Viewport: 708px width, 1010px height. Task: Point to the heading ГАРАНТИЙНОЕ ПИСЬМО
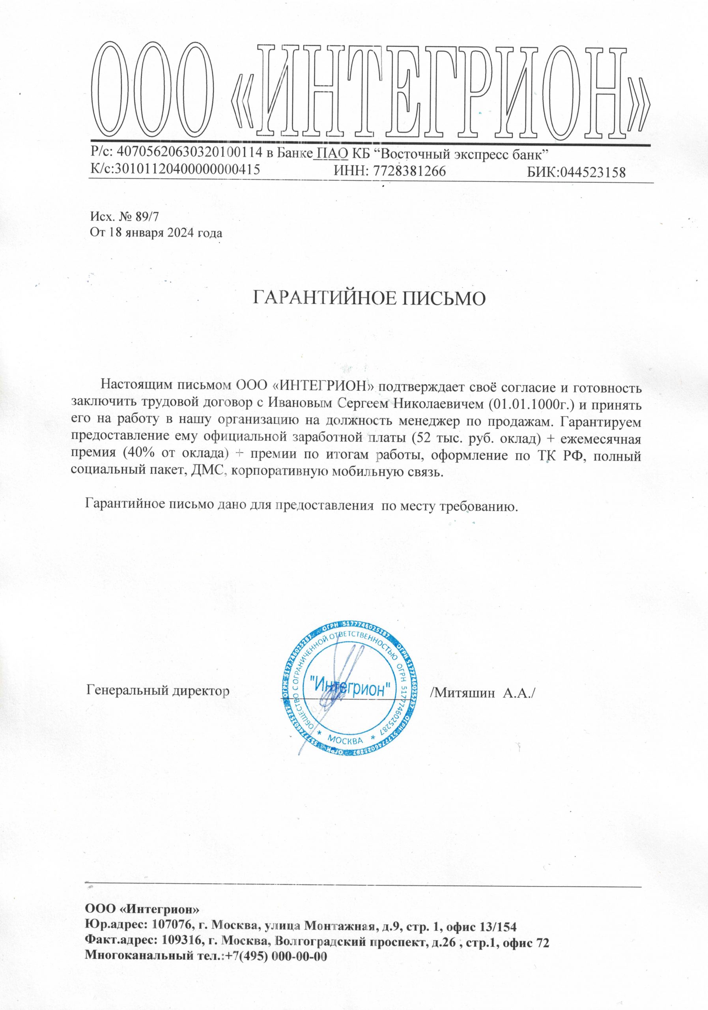370,298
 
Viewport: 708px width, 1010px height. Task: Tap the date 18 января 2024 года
162,233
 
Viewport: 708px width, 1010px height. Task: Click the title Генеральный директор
158,690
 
